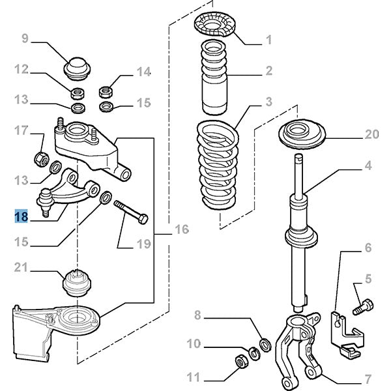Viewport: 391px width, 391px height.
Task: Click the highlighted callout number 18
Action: (x=21, y=216)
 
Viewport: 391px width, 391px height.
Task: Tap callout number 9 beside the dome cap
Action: (x=25, y=39)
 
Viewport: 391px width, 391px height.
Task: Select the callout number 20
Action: (x=371, y=136)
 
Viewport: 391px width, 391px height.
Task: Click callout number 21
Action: (x=21, y=267)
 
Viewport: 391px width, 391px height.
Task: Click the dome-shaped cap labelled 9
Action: (x=76, y=66)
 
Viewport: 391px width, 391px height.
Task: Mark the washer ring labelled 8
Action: (x=265, y=343)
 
